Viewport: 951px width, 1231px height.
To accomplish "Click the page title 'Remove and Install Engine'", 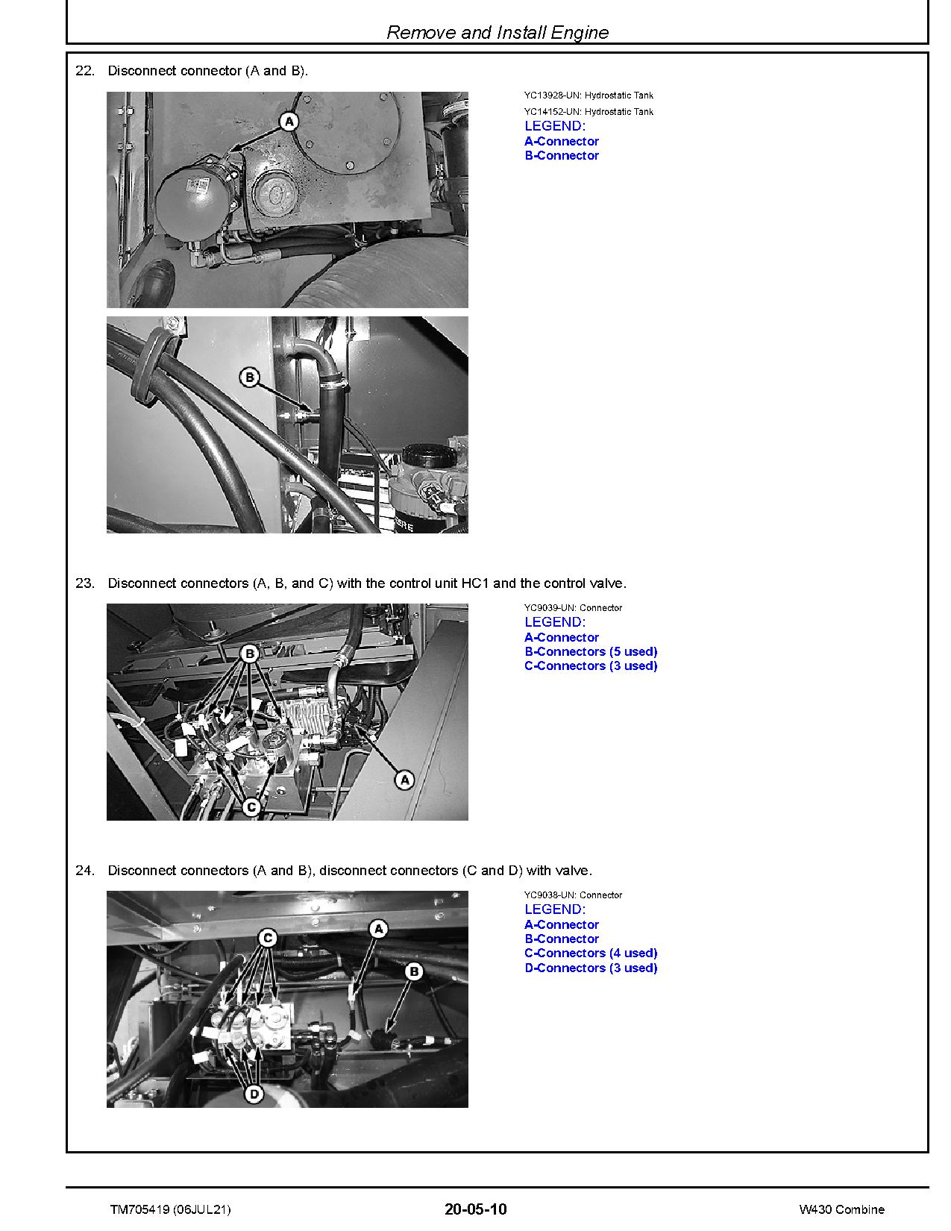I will point(498,33).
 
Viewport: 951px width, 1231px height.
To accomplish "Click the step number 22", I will point(85,71).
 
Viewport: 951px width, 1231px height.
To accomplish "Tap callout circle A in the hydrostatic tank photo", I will point(289,121).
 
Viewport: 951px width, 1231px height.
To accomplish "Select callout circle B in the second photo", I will point(249,378).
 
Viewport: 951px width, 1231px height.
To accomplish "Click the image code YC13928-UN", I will point(552,95).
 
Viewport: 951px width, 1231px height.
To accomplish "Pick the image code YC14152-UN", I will point(552,112).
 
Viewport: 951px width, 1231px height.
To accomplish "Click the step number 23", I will point(85,583).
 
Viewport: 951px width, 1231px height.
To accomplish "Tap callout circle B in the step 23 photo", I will point(250,654).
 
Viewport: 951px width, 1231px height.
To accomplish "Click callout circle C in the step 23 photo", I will point(251,806).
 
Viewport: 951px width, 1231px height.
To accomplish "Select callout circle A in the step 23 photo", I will point(404,780).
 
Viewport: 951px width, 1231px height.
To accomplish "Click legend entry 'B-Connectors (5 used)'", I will point(591,652).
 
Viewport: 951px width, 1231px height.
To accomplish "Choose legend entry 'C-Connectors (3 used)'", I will point(591,666).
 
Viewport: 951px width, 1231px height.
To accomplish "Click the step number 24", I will point(85,871).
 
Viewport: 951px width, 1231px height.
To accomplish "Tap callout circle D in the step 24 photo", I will point(254,1094).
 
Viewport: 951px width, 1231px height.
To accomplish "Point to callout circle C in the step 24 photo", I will point(268,939).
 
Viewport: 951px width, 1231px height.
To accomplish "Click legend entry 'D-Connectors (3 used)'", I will point(591,968).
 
